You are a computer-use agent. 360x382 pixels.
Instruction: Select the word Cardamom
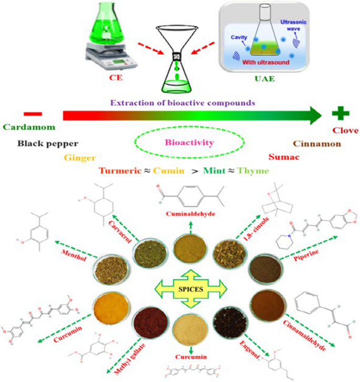(28, 127)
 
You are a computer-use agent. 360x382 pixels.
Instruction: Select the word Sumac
(284, 157)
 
